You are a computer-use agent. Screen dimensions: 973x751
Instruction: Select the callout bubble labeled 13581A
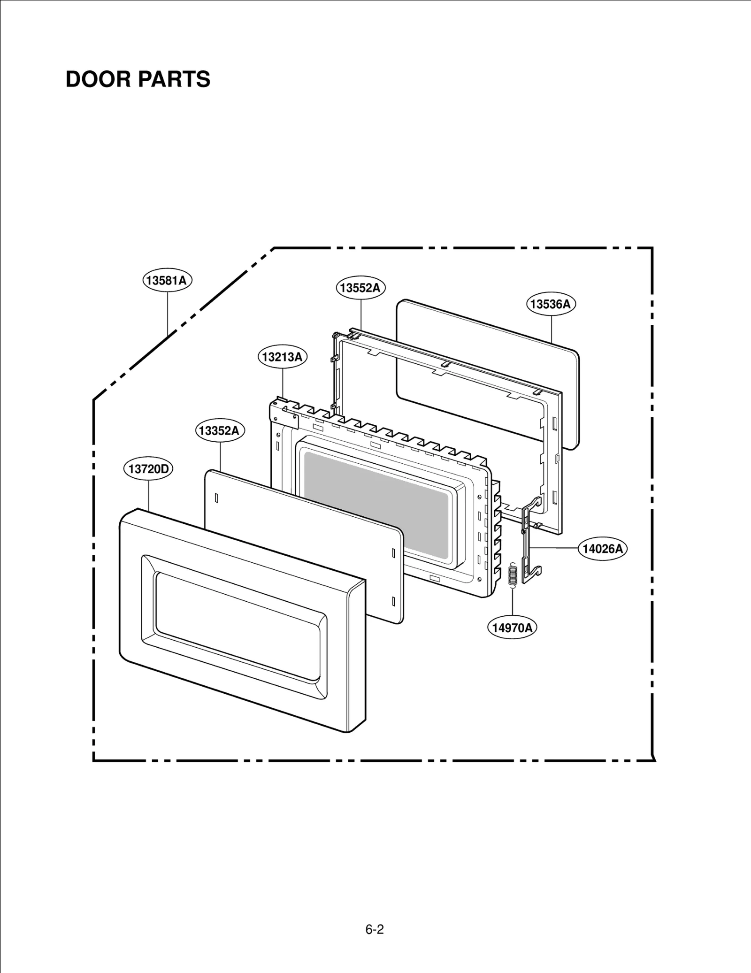[x=168, y=281]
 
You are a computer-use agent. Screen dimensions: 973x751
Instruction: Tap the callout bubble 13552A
[x=360, y=288]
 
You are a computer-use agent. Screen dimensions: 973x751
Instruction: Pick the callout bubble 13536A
[x=551, y=304]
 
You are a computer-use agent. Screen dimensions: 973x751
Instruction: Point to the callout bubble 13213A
[x=283, y=357]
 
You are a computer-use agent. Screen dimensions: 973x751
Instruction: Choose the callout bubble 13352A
[x=220, y=430]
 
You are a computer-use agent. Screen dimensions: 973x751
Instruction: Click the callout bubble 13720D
[x=148, y=469]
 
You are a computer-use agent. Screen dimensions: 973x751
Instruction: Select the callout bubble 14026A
[x=603, y=548]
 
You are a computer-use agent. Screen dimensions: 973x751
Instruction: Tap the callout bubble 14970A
[x=512, y=628]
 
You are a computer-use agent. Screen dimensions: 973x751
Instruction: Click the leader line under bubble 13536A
[x=551, y=329]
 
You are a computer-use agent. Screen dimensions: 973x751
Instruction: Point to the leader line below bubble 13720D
[x=148, y=495]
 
